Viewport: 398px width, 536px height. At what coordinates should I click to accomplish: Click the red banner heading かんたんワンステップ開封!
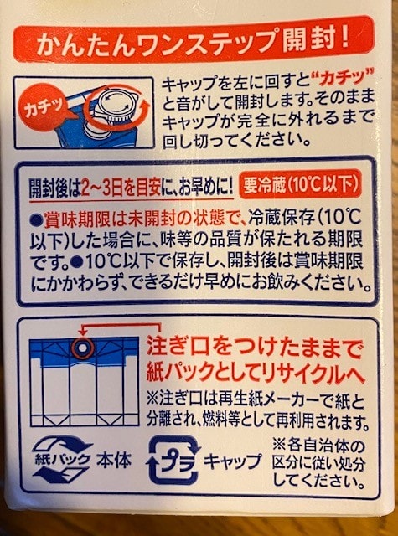click(x=194, y=39)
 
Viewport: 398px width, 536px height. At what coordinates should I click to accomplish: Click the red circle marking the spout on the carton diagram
click(x=83, y=348)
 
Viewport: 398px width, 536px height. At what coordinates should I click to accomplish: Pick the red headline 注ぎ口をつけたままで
click(x=254, y=348)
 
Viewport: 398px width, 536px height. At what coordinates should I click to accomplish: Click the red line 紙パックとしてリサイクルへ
click(x=256, y=372)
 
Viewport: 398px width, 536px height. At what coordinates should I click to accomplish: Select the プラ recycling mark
click(x=173, y=461)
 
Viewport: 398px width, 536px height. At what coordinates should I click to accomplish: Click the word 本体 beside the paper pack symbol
click(x=113, y=460)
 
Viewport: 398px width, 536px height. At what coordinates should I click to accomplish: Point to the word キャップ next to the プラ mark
click(x=233, y=461)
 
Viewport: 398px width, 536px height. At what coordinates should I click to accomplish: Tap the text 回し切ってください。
click(x=236, y=140)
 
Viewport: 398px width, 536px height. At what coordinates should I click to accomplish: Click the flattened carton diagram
click(x=84, y=381)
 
